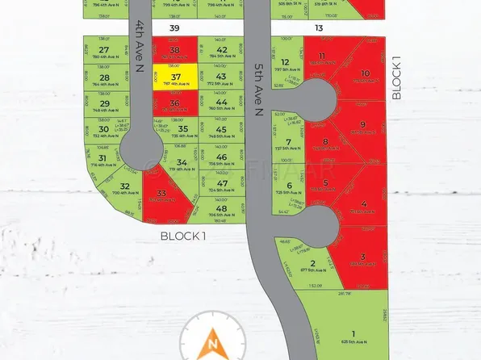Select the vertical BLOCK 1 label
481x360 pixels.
(395, 78)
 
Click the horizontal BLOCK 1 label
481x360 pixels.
(183, 236)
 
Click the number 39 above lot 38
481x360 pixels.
(174, 28)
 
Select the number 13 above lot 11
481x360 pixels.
(320, 28)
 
